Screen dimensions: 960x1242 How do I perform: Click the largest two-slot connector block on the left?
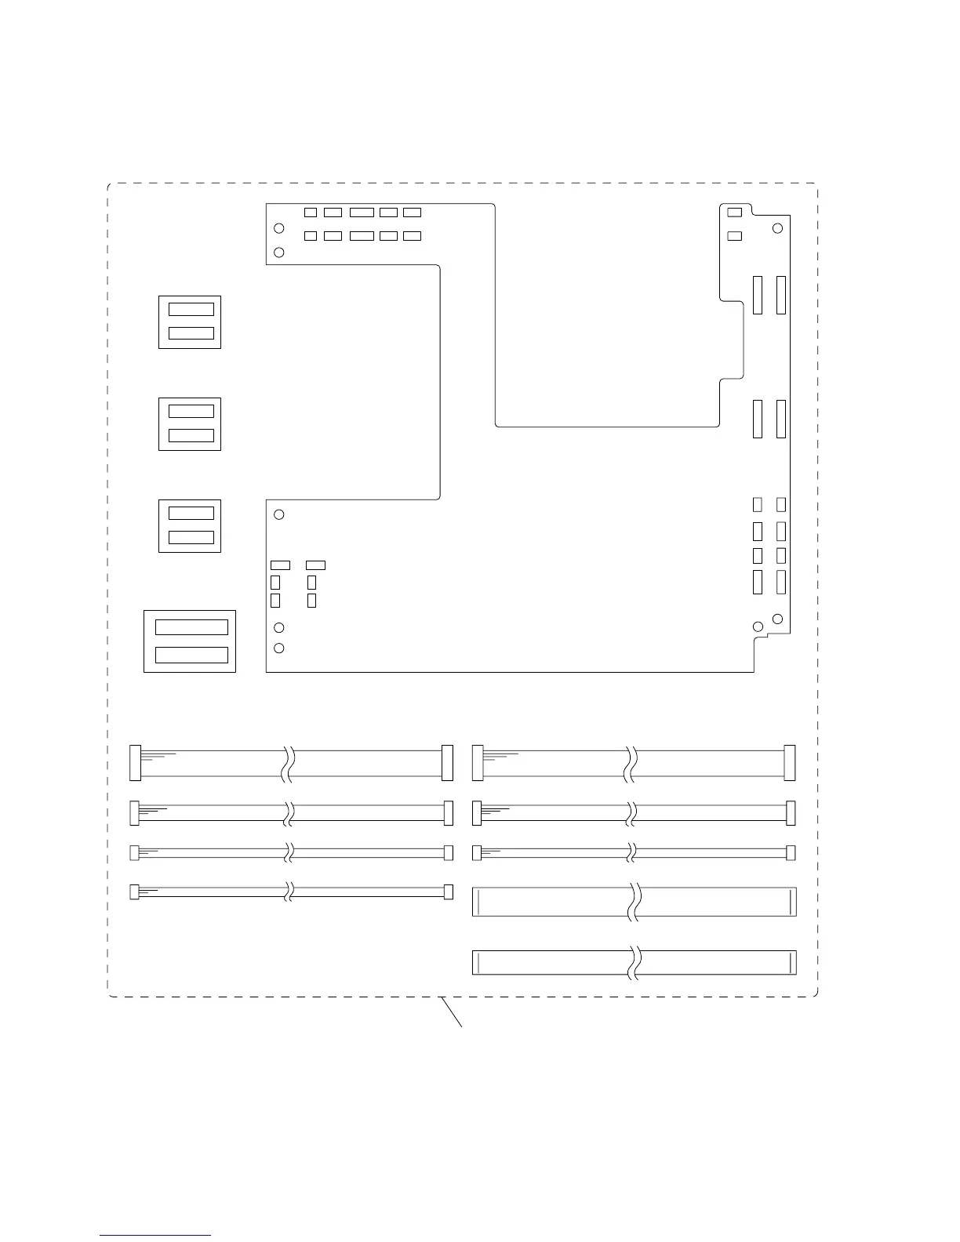coord(190,641)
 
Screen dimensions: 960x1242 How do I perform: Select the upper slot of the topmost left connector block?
coord(191,310)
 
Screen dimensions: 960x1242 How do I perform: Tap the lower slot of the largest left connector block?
coord(191,655)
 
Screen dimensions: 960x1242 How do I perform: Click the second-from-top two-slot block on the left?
coord(190,424)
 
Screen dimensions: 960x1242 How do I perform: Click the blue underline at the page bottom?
coord(155,1236)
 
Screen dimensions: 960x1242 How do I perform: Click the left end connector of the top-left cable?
coord(134,763)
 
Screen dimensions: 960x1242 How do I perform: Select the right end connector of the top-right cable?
coord(789,763)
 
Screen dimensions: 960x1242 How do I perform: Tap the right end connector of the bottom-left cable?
coord(449,892)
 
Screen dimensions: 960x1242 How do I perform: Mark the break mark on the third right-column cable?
coord(632,852)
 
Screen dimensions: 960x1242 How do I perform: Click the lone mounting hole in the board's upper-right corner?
coord(777,228)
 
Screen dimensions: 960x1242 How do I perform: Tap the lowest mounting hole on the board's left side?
coord(279,648)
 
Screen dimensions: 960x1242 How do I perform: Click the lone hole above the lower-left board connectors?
coord(279,514)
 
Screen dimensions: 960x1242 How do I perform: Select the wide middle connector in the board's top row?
coord(362,212)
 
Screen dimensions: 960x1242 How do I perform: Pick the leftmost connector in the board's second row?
coord(310,236)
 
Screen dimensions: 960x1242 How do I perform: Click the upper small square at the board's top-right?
coord(735,212)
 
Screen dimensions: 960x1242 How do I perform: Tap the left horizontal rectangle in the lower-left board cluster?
coord(280,565)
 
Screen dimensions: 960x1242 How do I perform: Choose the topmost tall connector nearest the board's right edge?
coord(780,295)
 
